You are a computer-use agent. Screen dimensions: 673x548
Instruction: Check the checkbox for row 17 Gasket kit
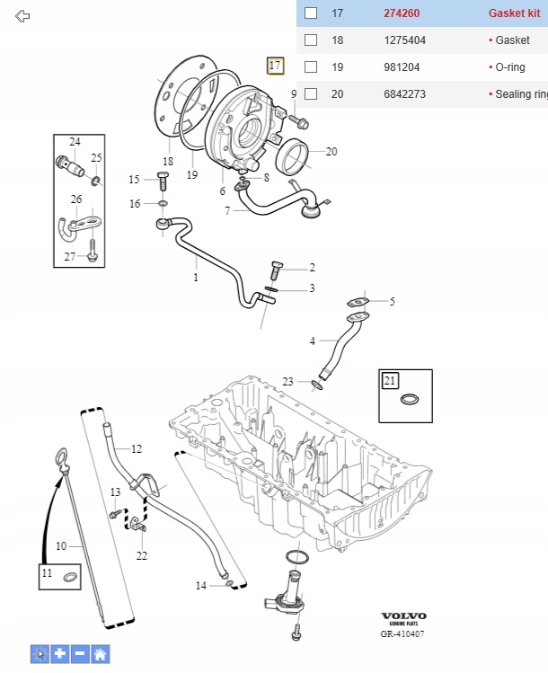[311, 13]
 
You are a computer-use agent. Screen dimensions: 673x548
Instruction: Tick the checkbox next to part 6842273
[311, 94]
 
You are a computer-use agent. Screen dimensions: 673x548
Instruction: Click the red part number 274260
[402, 13]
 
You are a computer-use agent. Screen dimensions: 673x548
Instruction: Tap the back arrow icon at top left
[23, 16]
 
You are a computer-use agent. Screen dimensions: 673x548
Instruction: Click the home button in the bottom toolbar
[101, 654]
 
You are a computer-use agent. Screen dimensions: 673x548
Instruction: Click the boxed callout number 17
[275, 66]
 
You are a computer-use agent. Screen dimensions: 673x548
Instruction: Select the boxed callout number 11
[48, 573]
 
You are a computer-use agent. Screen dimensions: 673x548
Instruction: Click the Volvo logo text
[403, 615]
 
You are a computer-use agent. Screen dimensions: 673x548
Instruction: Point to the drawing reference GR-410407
[402, 633]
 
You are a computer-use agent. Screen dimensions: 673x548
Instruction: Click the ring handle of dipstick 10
[61, 460]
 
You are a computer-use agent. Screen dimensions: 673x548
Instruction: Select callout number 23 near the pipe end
[287, 382]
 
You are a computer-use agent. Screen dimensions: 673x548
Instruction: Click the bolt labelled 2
[278, 268]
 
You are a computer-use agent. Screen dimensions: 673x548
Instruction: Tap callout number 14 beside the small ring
[201, 586]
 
